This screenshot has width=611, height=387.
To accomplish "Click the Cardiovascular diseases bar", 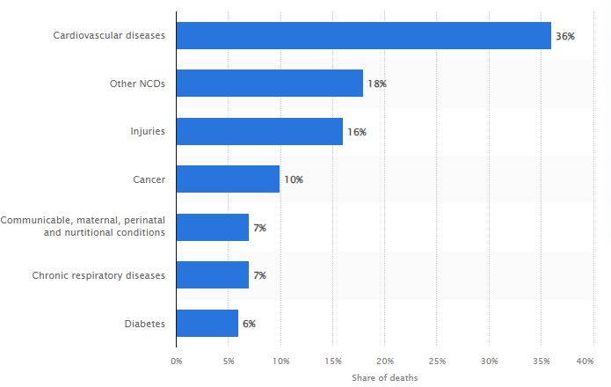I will [363, 36].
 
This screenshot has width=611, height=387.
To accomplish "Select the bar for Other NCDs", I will [269, 84].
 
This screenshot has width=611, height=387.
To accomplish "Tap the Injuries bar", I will [259, 132].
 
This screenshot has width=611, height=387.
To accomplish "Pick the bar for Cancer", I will [228, 179].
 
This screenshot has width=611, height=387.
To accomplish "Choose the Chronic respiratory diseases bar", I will [212, 275].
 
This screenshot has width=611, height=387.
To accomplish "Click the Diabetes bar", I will [207, 324].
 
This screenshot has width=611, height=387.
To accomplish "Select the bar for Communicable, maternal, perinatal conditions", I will [212, 228].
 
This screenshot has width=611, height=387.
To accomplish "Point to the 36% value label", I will [564, 36].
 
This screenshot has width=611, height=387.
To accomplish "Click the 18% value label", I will [377, 84].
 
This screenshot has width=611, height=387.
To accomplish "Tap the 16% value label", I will [356, 132].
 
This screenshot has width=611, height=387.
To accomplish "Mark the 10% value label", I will [293, 179].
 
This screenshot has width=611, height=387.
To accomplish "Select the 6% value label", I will [249, 324].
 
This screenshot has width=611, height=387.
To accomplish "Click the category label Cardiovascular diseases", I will [109, 36].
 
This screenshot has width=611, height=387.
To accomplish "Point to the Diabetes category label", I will [144, 324].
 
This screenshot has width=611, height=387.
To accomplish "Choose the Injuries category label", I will [147, 132].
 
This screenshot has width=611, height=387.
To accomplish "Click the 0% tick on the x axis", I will [176, 361].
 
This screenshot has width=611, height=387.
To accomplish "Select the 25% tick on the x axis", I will [437, 361].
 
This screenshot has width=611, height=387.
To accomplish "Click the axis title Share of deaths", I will [384, 377].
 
